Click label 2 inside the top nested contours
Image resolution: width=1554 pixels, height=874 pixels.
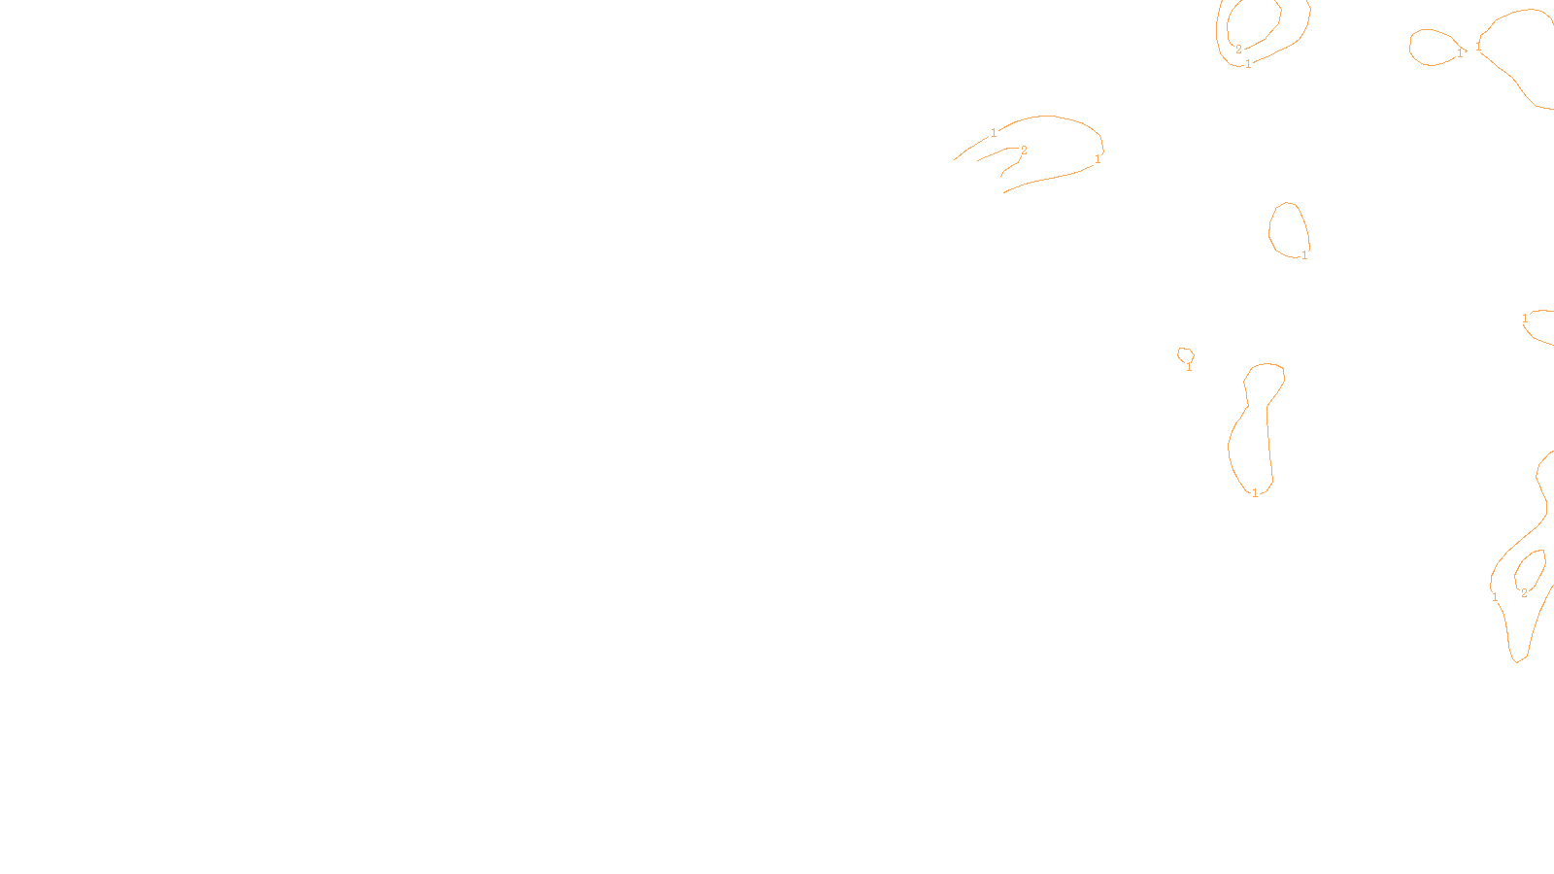(1238, 50)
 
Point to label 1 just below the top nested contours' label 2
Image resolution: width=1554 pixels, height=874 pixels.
(1248, 64)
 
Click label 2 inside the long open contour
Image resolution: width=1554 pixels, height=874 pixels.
(1024, 151)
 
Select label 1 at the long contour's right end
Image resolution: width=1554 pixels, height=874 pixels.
(1098, 159)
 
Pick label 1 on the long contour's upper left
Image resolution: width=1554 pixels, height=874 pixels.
(994, 133)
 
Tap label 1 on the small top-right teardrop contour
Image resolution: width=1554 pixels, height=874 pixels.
(1459, 53)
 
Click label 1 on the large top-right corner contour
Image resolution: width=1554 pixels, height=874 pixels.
(1478, 47)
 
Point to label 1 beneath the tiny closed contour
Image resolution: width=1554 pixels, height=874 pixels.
(1189, 367)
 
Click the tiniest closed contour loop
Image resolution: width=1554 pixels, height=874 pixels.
(1185, 353)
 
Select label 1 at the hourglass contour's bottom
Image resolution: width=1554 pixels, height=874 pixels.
(1255, 493)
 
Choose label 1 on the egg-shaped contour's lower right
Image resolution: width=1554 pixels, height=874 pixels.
(1304, 255)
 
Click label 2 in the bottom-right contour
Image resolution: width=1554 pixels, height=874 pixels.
(1524, 593)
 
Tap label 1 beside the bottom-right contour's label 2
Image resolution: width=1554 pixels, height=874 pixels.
(1495, 598)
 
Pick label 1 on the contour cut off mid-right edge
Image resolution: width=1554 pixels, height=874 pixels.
(1525, 319)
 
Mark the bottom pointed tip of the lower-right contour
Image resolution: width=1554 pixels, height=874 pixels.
(1516, 662)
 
